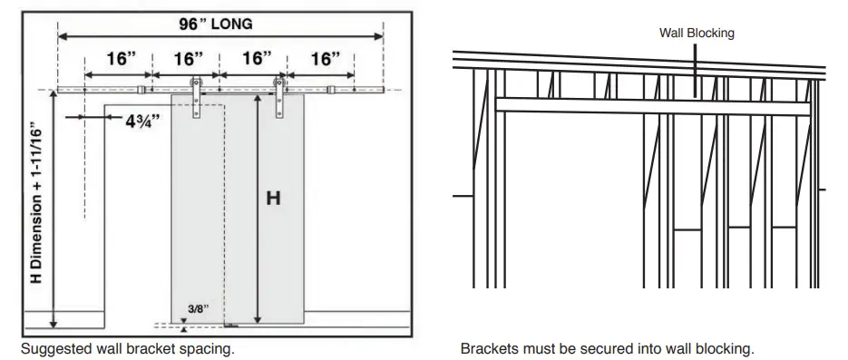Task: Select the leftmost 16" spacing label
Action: [x=120, y=60]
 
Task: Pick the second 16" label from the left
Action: [x=188, y=60]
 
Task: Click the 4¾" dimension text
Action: [x=146, y=121]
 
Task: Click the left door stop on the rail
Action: [x=141, y=90]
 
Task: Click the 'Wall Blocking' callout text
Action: [x=696, y=33]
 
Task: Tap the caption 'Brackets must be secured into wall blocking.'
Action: [x=607, y=348]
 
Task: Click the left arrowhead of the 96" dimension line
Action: [x=62, y=37]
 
